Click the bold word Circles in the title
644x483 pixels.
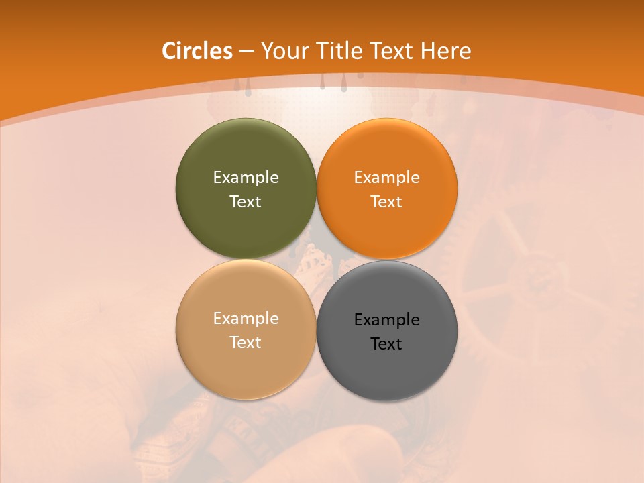pos(197,51)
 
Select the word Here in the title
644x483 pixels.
pos(445,51)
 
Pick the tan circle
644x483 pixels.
pos(246,362)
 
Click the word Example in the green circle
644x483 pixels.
pos(246,177)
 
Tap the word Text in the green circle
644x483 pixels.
pos(246,201)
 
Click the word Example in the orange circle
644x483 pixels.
pos(387,177)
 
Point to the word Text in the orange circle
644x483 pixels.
pos(387,201)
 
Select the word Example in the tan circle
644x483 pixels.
pos(246,318)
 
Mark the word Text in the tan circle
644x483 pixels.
pos(246,342)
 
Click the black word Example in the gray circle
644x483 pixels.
pos(387,319)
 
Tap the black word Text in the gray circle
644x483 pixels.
pos(387,343)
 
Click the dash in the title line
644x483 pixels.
pos(246,52)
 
